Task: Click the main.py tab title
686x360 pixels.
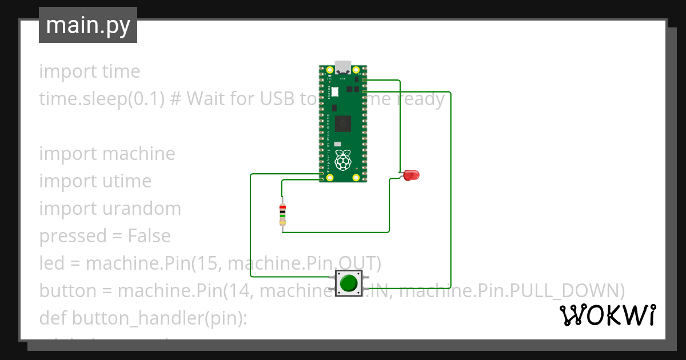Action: [87, 25]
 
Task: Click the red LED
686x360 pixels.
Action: [411, 175]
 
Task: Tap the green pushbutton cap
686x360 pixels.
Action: [349, 283]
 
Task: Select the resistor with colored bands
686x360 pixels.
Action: [282, 214]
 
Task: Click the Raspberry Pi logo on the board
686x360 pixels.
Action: [343, 161]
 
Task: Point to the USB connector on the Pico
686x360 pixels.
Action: [343, 67]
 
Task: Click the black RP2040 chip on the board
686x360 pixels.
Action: [344, 123]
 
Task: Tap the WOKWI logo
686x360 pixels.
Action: [607, 315]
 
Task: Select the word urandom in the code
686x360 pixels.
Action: [142, 209]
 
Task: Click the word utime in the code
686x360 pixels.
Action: [127, 181]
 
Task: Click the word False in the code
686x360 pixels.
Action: [149, 236]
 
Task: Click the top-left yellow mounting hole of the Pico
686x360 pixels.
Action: [330, 70]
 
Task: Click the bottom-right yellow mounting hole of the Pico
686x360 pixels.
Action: [356, 178]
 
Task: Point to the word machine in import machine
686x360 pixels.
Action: [139, 154]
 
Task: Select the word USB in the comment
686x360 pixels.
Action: [278, 99]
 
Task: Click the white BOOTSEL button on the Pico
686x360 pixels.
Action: [335, 91]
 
